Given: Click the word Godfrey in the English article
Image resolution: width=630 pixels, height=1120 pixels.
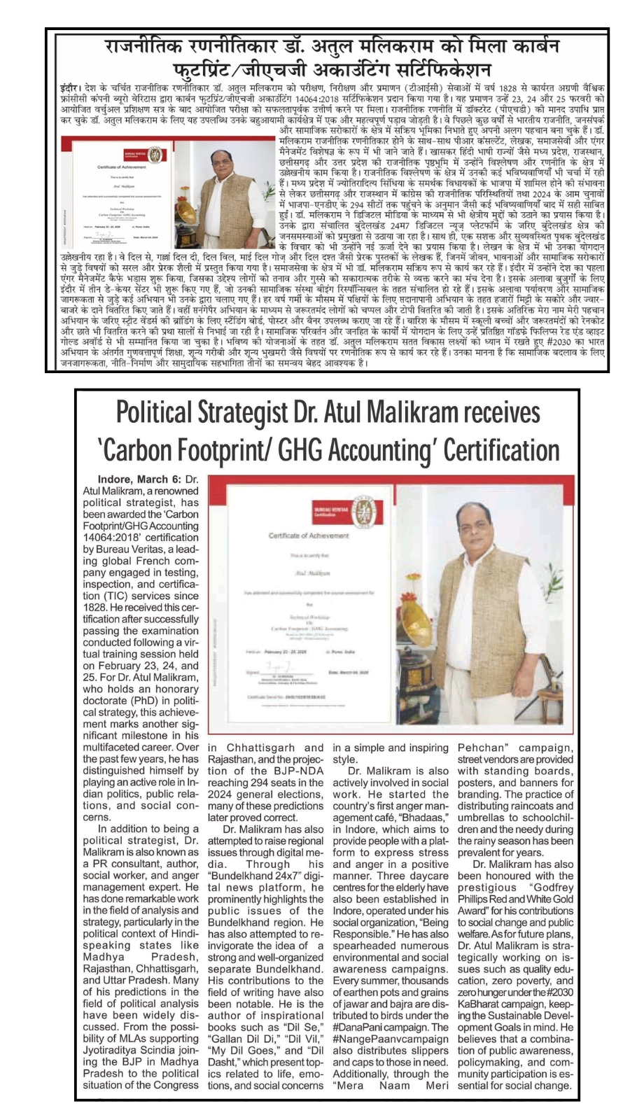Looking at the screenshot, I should (553, 888).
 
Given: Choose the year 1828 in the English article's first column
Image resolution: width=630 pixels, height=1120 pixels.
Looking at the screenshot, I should (95, 608).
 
